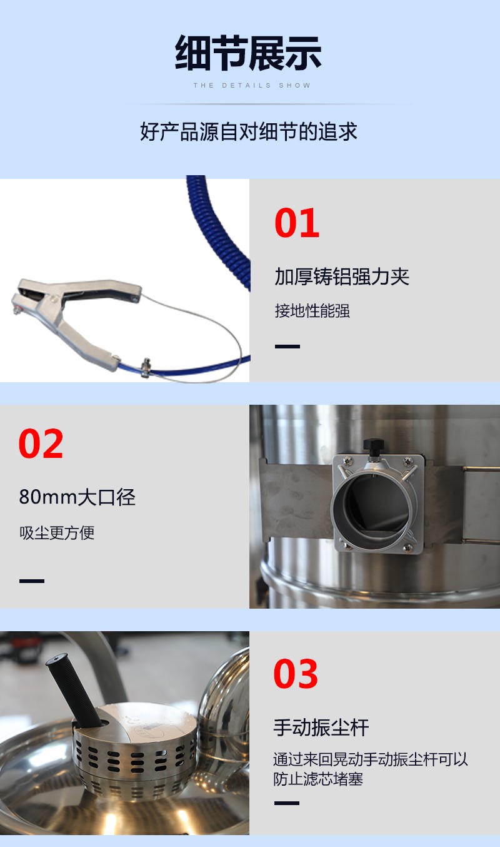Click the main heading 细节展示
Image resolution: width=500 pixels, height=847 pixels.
[248, 53]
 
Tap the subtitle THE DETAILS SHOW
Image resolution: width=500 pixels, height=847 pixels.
[252, 86]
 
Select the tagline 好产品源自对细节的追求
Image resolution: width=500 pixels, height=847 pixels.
[249, 131]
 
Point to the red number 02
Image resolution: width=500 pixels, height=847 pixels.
[41, 444]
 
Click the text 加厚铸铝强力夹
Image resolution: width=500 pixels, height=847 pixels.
[342, 276]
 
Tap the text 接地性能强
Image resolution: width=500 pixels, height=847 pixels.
[312, 311]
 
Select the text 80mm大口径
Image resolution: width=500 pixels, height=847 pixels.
[77, 497]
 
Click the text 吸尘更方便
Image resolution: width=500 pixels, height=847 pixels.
[57, 533]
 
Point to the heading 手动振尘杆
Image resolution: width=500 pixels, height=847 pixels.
[321, 728]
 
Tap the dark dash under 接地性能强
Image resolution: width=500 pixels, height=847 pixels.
[287, 347]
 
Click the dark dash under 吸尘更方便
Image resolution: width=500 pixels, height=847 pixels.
[32, 581]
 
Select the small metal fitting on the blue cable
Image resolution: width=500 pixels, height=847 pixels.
[146, 367]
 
